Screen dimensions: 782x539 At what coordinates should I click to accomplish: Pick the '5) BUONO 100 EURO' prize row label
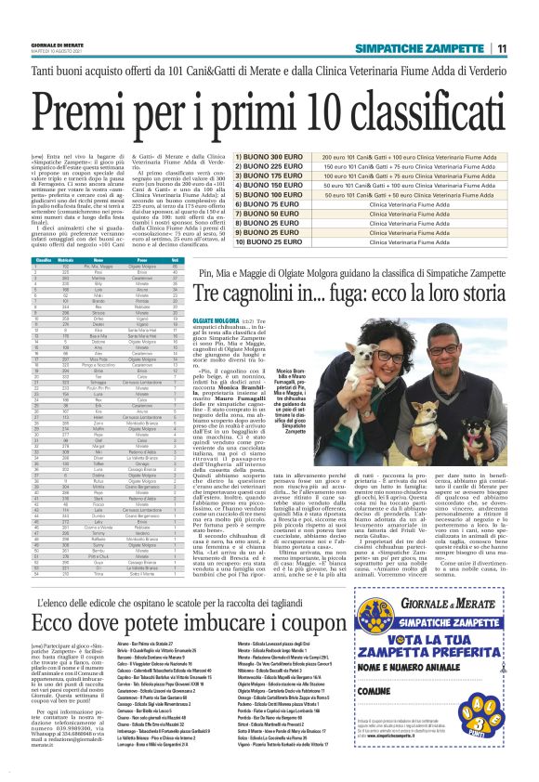point(243,195)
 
